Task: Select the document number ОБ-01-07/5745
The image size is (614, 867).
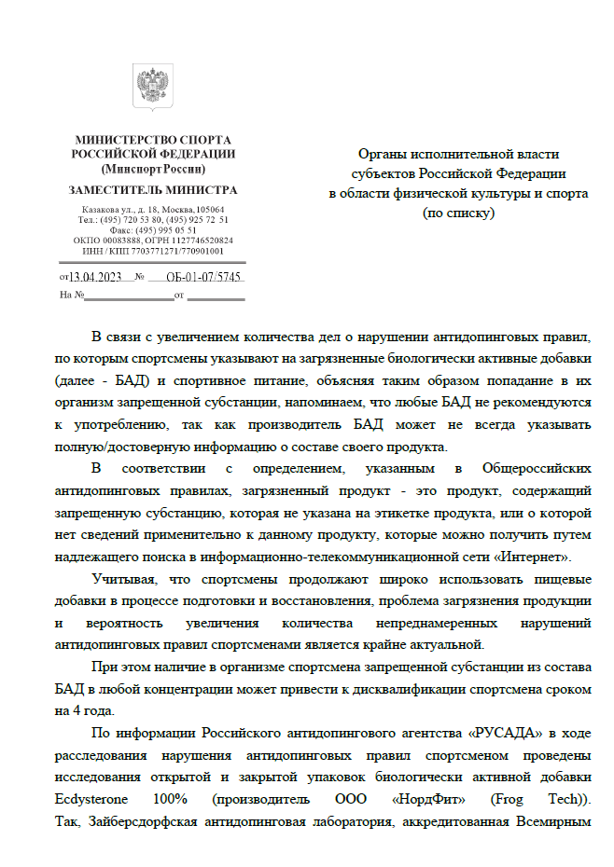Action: click(204, 277)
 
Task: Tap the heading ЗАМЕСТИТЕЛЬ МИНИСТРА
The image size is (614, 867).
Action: click(153, 189)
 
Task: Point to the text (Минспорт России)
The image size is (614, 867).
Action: click(153, 170)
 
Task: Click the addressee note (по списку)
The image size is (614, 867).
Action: click(458, 213)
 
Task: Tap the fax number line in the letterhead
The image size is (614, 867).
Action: click(153, 229)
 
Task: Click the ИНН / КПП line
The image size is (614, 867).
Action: click(153, 251)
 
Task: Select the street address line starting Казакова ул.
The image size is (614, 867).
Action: click(153, 209)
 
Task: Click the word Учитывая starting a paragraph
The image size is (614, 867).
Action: click(121, 578)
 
